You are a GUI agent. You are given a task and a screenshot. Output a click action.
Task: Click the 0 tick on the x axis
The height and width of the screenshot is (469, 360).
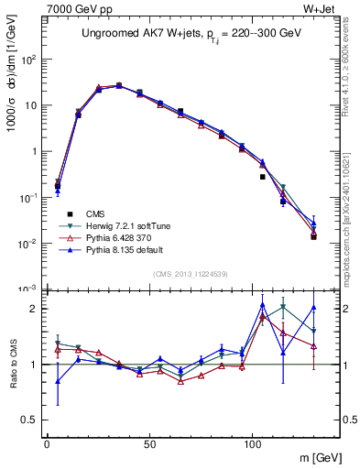click(47, 445)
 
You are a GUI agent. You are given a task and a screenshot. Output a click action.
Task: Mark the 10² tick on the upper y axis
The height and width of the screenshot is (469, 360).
click(30, 60)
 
